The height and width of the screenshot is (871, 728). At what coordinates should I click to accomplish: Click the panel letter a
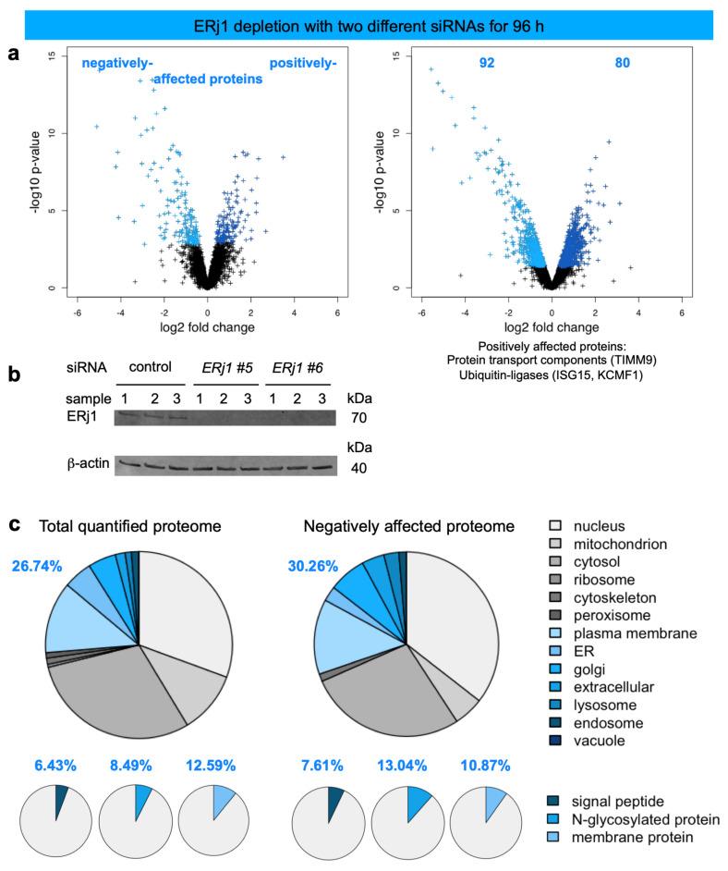point(13,55)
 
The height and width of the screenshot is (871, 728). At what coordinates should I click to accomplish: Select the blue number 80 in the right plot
point(625,64)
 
